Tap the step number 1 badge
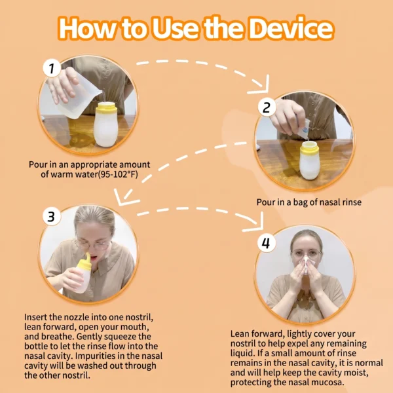point(52,67)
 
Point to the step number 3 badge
point(51,216)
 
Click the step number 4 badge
point(266,242)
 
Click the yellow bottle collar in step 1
point(106,108)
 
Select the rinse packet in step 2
point(304,128)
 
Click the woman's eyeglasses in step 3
point(93,244)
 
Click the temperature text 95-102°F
point(118,174)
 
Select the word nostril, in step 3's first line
point(139,317)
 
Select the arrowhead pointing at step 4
point(256,223)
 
